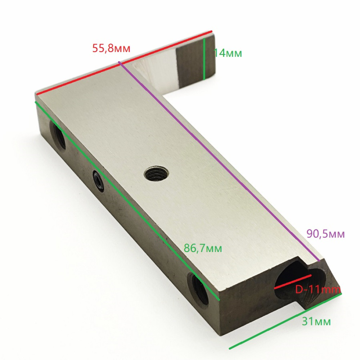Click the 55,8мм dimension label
point(111,48)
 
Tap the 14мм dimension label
point(228,53)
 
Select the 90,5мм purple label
point(325,234)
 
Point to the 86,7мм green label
point(203,248)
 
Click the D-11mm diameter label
point(318,290)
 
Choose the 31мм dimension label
point(316,321)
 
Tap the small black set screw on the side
point(99,181)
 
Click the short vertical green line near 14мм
point(204,59)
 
